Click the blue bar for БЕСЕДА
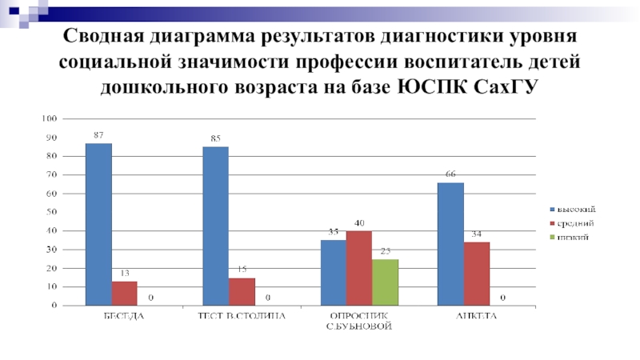click(98, 224)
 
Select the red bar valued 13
click(125, 293)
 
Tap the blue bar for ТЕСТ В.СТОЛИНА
click(215, 226)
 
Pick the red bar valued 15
click(242, 291)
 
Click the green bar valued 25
click(385, 282)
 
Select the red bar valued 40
click(359, 268)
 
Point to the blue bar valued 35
click(333, 272)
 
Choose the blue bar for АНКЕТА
click(450, 243)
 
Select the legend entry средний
click(574, 223)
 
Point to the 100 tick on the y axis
click(49, 118)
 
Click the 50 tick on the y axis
click(50, 212)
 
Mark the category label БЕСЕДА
click(125, 316)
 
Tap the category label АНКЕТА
click(477, 316)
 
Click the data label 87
click(98, 136)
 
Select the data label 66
click(450, 174)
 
